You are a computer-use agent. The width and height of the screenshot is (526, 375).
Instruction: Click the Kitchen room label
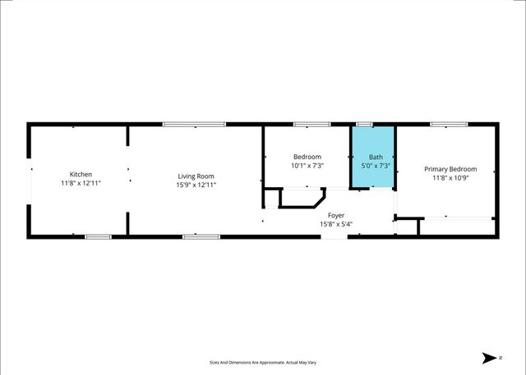coord(81,175)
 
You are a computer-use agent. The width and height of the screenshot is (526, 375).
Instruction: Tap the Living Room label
coord(196,176)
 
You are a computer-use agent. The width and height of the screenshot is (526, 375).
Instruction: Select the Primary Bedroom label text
coord(450,169)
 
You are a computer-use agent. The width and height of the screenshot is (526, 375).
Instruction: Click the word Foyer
coord(335,215)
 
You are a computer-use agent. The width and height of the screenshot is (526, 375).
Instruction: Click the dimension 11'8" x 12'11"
coord(81,184)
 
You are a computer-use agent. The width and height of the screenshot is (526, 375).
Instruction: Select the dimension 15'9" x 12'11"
coord(196,185)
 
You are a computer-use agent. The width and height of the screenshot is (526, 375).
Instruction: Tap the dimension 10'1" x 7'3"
coord(307,166)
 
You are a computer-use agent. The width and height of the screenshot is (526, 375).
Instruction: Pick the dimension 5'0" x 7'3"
coord(375,166)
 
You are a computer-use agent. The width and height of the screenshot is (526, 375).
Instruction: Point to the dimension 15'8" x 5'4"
coord(335,224)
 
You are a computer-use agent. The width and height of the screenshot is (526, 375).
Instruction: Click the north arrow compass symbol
coord(491,358)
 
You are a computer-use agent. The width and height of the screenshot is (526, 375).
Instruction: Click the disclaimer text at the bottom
coord(263,361)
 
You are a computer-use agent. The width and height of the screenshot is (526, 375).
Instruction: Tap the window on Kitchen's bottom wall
coord(98,237)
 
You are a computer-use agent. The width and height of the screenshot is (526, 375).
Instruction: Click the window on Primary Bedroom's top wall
coord(449,125)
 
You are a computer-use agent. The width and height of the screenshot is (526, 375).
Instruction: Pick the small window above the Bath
coord(364,125)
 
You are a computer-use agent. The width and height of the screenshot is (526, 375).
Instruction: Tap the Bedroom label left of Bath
coord(307,157)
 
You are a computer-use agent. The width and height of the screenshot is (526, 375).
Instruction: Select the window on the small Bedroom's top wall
coord(312,125)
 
